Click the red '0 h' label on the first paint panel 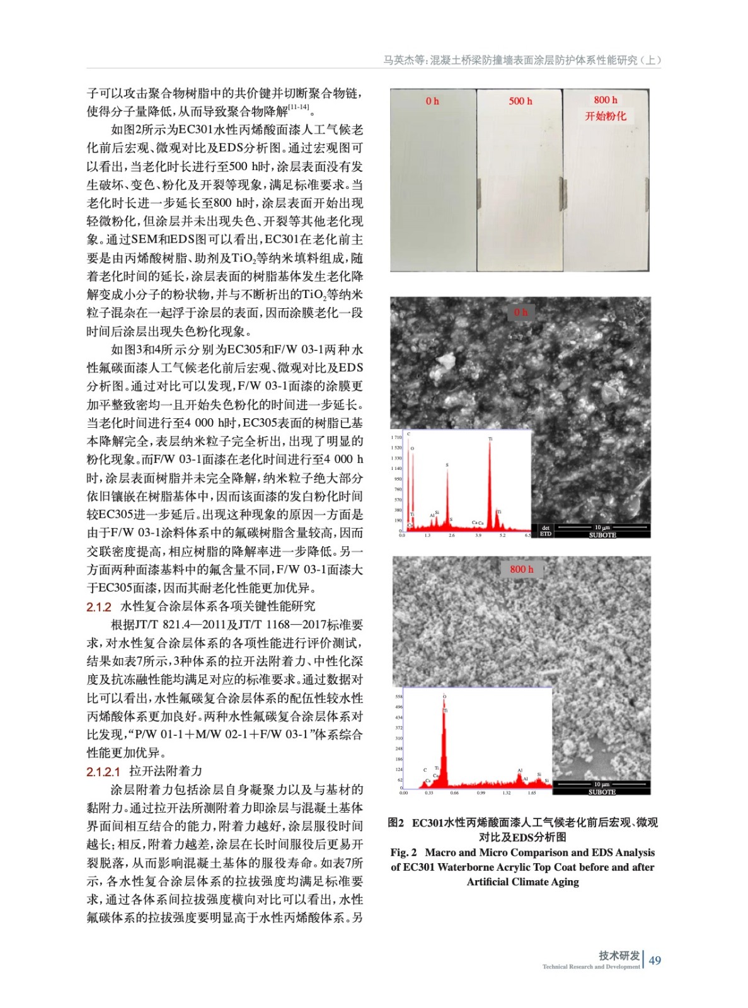click(x=432, y=101)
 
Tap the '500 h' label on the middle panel click(x=521, y=101)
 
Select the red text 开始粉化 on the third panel click(x=606, y=116)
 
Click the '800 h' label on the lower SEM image click(x=522, y=569)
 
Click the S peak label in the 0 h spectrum click(x=447, y=465)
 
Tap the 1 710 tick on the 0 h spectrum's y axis click(x=396, y=437)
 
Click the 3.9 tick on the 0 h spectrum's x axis click(x=478, y=535)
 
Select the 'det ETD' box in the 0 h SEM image click(x=546, y=530)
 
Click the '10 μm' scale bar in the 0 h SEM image click(x=602, y=527)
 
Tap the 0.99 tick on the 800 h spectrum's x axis click(x=481, y=793)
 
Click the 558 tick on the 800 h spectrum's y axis click(x=398, y=697)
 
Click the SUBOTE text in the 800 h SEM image click(x=602, y=792)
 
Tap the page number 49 click(x=655, y=960)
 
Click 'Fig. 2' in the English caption click(x=403, y=852)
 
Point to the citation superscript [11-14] click(x=299, y=107)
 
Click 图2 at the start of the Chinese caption click(x=396, y=823)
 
